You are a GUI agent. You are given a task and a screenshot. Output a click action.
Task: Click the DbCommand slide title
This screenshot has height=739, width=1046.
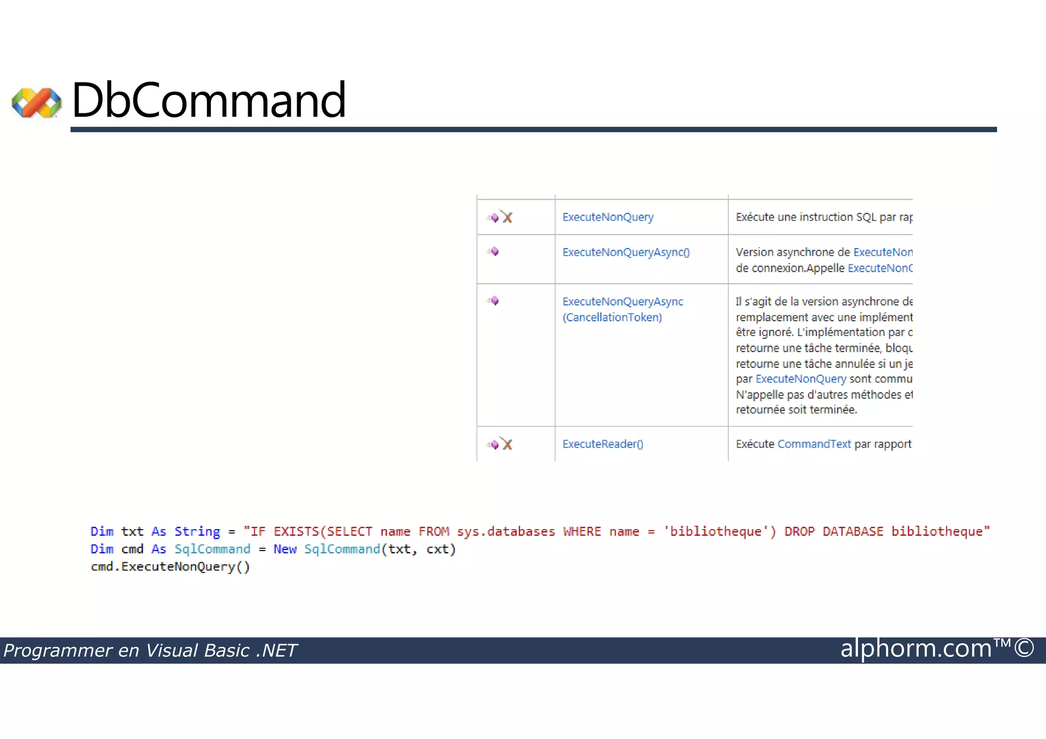tap(209, 100)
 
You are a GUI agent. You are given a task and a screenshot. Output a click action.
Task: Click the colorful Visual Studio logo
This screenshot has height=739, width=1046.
tap(37, 103)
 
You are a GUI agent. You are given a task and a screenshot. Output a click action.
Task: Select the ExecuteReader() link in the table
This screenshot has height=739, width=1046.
tap(603, 444)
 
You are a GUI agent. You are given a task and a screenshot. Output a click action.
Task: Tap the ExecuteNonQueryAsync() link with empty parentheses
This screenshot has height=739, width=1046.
tap(626, 252)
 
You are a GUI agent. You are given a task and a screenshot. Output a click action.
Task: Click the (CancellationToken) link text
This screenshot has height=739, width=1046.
tap(612, 318)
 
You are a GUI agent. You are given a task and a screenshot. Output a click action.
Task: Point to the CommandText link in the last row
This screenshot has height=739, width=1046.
tap(814, 444)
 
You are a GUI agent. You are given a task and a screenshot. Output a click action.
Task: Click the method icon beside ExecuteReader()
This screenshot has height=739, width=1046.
tap(499, 444)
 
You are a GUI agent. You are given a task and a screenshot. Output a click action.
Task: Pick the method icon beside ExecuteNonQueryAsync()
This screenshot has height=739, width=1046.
tap(493, 252)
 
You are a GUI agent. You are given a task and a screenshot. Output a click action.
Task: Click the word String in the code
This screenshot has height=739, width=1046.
tap(197, 532)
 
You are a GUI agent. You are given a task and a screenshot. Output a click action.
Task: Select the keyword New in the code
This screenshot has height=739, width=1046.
tap(285, 550)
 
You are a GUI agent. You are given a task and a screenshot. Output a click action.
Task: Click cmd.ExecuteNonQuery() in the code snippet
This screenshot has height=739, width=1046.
tap(170, 567)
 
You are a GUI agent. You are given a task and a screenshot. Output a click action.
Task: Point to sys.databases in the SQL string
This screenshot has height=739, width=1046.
tap(506, 532)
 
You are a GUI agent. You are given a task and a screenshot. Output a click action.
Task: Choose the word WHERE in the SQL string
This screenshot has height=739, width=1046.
tap(582, 532)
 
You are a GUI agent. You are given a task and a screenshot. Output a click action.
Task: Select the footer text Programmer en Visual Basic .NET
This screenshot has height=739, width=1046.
tap(150, 651)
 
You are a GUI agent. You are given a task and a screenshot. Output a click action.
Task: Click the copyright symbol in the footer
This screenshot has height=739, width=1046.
tap(1024, 649)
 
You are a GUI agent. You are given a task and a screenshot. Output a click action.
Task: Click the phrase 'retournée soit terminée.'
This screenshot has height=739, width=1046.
tap(796, 410)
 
